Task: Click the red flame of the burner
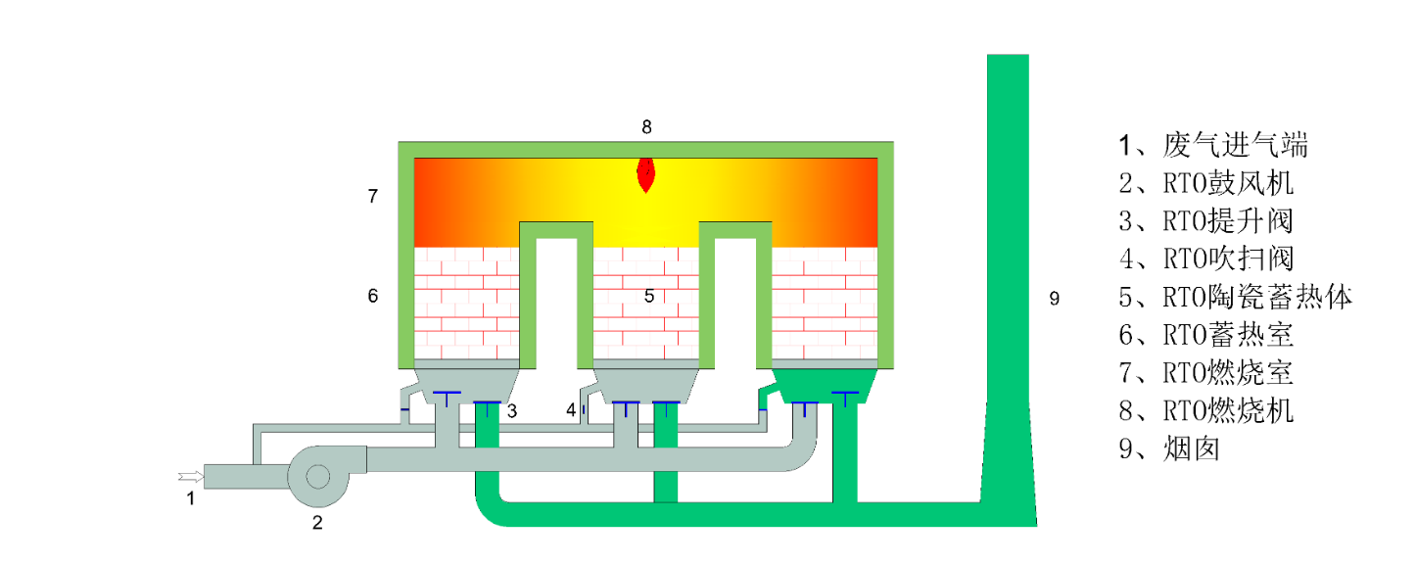pyautogui.click(x=645, y=174)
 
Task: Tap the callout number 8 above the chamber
pyautogui.click(x=646, y=126)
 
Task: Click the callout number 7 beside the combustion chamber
pyautogui.click(x=372, y=197)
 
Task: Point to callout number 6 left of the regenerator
pyautogui.click(x=372, y=296)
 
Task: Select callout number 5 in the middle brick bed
pyautogui.click(x=648, y=296)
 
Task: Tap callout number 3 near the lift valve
pyautogui.click(x=511, y=410)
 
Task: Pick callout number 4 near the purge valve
pyautogui.click(x=571, y=410)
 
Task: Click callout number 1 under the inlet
pyautogui.click(x=191, y=498)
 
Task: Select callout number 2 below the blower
pyautogui.click(x=316, y=523)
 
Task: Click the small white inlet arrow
pyautogui.click(x=190, y=477)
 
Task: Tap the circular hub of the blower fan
pyautogui.click(x=317, y=476)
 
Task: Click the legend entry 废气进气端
pyautogui.click(x=1214, y=146)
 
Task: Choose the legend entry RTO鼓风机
pyautogui.click(x=1206, y=183)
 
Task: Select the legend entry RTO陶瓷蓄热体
pyautogui.click(x=1236, y=297)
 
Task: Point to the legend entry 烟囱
pyautogui.click(x=1170, y=448)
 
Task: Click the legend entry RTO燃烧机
pyautogui.click(x=1206, y=410)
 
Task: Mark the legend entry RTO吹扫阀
pyautogui.click(x=1206, y=259)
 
